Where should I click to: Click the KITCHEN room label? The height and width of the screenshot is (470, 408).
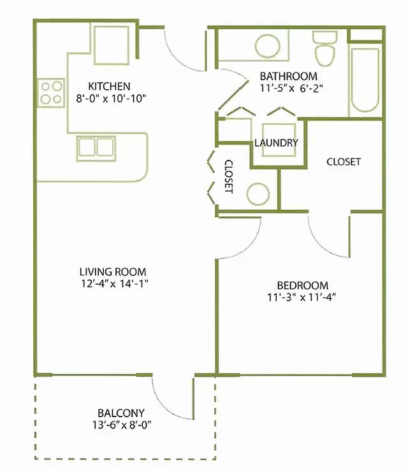tap(109, 87)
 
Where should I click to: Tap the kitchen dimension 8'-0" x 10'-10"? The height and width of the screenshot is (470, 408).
tap(111, 98)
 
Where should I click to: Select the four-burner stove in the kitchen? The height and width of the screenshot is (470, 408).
tap(51, 92)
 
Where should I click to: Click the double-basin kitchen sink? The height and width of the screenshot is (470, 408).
tap(96, 148)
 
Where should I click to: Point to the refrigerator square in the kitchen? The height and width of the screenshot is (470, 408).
tap(112, 45)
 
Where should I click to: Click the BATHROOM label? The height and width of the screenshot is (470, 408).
tap(288, 76)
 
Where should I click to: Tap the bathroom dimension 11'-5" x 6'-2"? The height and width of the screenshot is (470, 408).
tap(291, 89)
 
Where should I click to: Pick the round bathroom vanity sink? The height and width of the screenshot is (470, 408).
tap(268, 46)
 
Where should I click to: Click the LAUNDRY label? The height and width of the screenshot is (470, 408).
tap(276, 143)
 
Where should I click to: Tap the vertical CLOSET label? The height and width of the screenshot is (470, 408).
tap(229, 176)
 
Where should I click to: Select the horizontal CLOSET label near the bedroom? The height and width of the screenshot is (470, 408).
tap(344, 162)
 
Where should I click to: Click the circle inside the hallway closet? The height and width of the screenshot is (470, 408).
tap(258, 194)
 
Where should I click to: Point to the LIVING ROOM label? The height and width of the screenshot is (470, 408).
tap(113, 272)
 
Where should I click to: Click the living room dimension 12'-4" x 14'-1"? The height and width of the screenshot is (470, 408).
tap(115, 283)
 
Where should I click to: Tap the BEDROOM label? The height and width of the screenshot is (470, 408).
tap(302, 285)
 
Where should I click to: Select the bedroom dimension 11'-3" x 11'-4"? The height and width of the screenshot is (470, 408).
tap(301, 297)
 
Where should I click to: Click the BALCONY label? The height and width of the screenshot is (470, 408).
tap(121, 413)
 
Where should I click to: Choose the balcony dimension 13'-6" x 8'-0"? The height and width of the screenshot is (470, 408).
tap(122, 425)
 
